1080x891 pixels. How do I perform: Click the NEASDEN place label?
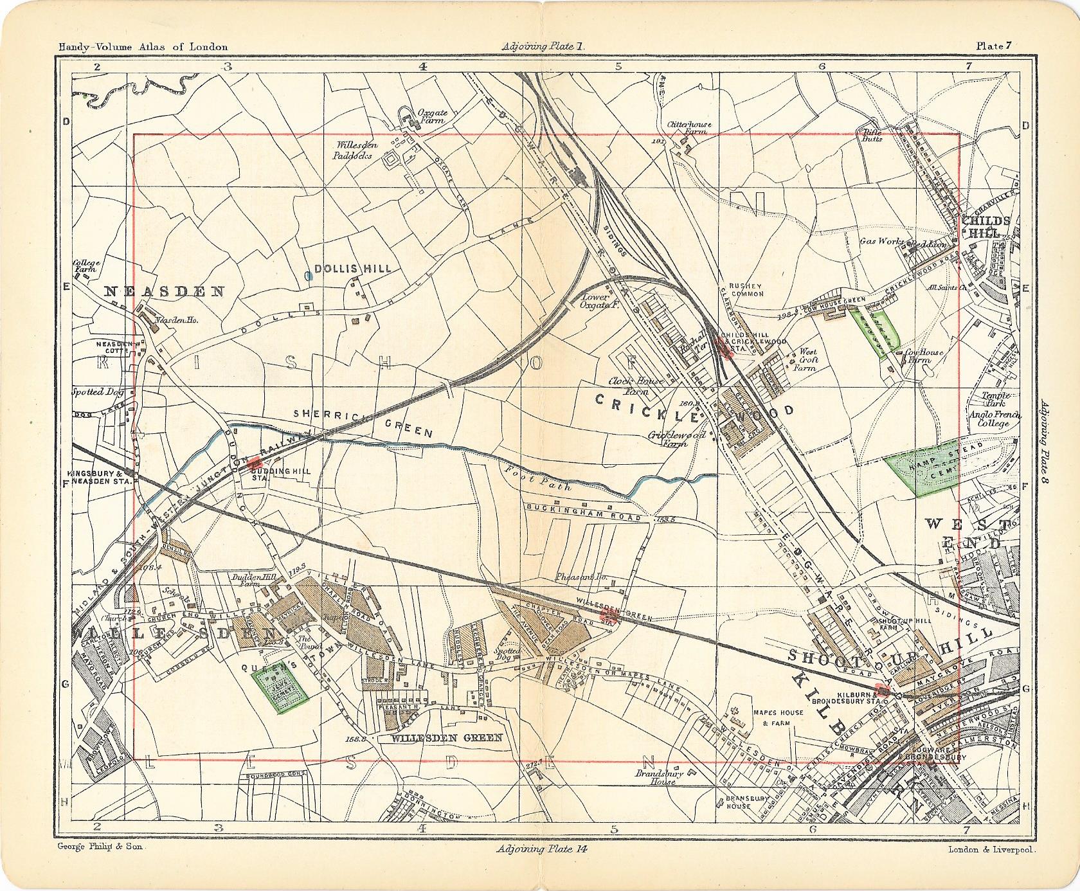pyautogui.click(x=165, y=291)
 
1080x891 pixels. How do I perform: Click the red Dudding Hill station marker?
pyautogui.click(x=256, y=462)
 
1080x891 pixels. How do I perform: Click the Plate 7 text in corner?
pyautogui.click(x=994, y=46)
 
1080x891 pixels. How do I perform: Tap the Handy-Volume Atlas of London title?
pyautogui.click(x=143, y=46)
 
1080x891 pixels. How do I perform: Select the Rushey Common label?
pyautogui.click(x=745, y=290)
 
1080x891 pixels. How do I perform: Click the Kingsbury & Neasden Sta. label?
pyautogui.click(x=98, y=476)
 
